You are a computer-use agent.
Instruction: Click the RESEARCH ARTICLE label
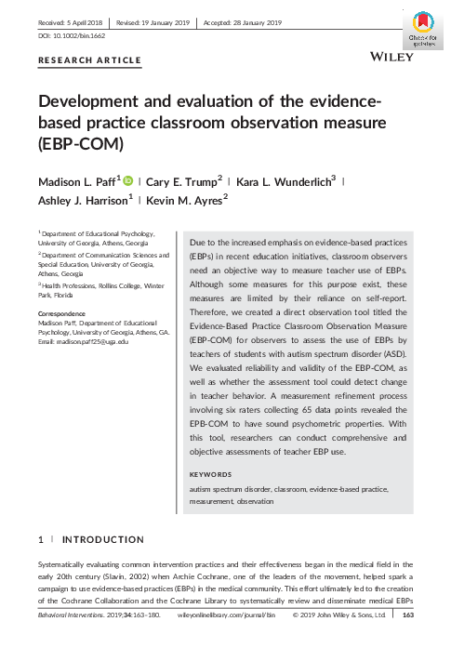coord(89,60)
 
